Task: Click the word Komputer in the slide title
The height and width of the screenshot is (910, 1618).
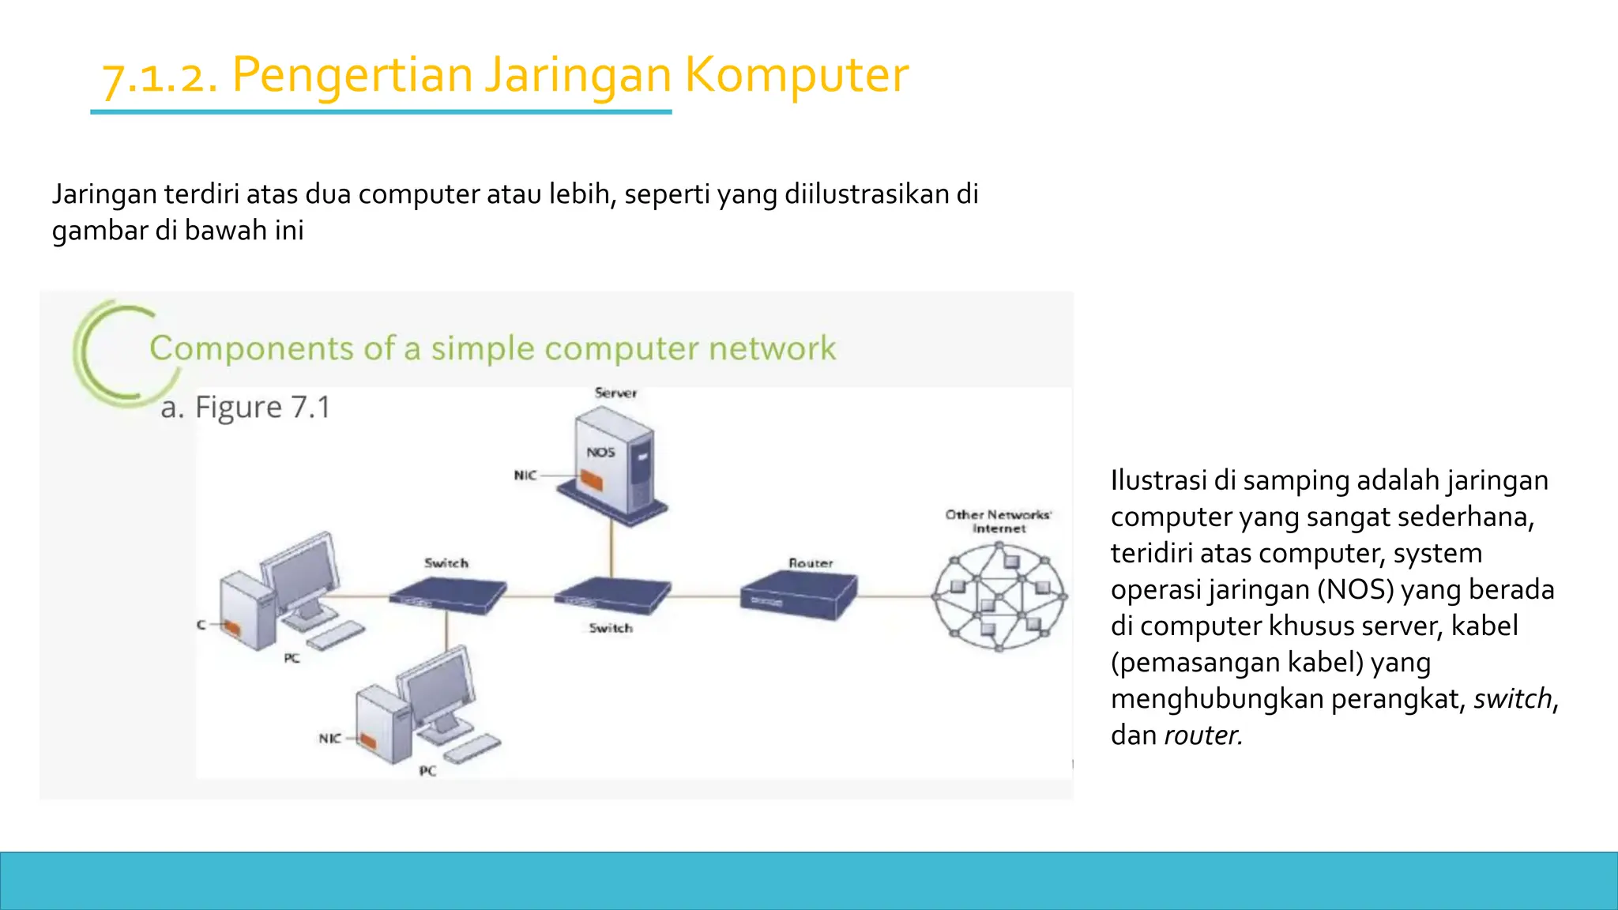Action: [796, 75]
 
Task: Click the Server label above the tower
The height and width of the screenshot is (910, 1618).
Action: [615, 393]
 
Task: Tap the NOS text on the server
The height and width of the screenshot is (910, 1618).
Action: [600, 453]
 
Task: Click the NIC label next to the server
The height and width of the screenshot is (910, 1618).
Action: [525, 476]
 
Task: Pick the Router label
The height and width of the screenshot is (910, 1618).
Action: [811, 563]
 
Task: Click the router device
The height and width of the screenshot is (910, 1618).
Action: [798, 596]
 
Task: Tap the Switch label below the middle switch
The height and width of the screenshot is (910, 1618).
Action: [611, 628]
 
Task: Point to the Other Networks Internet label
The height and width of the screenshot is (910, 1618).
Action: [999, 521]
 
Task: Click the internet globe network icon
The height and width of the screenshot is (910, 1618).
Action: [999, 598]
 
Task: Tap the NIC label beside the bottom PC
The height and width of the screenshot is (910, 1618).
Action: [329, 739]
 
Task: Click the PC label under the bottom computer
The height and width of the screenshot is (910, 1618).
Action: [427, 771]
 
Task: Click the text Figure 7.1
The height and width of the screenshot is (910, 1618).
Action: [262, 408]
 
